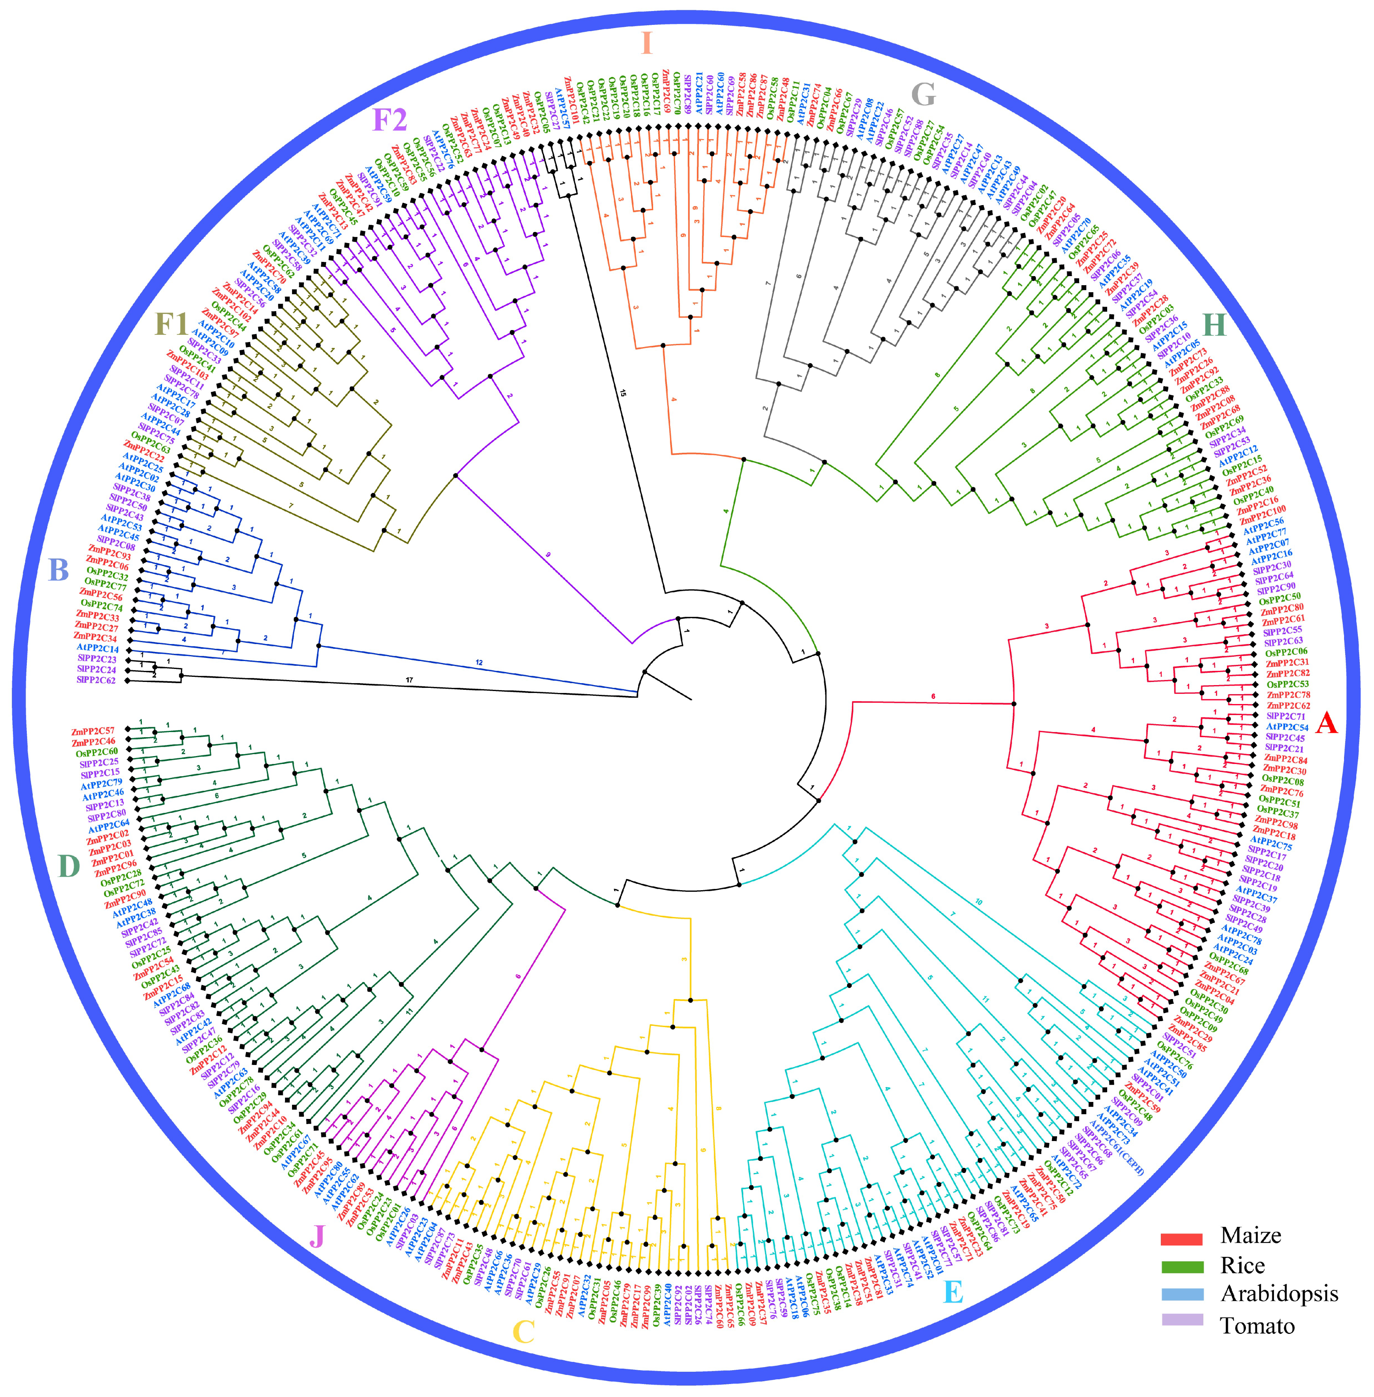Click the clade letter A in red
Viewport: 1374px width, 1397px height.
[1326, 722]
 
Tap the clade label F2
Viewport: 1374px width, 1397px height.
[390, 120]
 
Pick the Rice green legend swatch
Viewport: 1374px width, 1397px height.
[1181, 1267]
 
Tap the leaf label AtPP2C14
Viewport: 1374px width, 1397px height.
[97, 648]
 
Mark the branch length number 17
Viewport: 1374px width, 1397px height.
[409, 680]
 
